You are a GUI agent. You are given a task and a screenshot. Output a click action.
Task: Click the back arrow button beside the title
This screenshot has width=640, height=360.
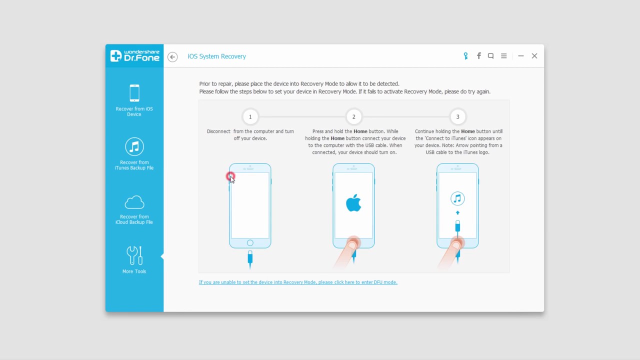pyautogui.click(x=172, y=56)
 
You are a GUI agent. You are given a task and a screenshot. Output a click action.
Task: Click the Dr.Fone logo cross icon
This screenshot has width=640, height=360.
pyautogui.click(x=115, y=55)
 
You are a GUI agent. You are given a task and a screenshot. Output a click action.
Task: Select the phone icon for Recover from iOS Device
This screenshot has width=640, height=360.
pyautogui.click(x=134, y=93)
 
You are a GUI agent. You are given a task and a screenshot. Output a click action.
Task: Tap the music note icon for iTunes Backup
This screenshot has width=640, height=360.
pyautogui.click(x=134, y=146)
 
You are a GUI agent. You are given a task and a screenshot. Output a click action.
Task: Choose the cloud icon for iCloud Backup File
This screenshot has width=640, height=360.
pyautogui.click(x=134, y=202)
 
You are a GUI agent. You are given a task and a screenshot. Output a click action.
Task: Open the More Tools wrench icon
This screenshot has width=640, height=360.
pyautogui.click(x=134, y=255)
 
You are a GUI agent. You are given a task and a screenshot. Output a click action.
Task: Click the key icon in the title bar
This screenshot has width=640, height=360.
pyautogui.click(x=465, y=56)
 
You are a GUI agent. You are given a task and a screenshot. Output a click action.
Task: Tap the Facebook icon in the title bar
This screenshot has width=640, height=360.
pyautogui.click(x=479, y=55)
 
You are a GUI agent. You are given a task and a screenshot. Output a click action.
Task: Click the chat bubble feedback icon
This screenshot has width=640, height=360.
pyautogui.click(x=490, y=56)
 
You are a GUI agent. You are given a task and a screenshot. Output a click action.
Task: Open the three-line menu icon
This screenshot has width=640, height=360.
pyautogui.click(x=503, y=56)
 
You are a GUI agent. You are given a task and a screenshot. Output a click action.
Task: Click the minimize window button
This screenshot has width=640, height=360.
pyautogui.click(x=521, y=56)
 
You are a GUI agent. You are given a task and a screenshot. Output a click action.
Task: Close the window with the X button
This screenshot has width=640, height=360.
pyautogui.click(x=534, y=56)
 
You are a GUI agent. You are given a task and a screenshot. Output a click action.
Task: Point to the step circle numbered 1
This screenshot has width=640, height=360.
pyautogui.click(x=250, y=117)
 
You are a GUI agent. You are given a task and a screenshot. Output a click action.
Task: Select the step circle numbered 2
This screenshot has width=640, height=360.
pyautogui.click(x=353, y=117)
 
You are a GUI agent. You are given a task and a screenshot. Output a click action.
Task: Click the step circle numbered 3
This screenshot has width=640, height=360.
pyautogui.click(x=457, y=117)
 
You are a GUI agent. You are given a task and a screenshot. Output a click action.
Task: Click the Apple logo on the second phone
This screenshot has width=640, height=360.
pyautogui.click(x=353, y=203)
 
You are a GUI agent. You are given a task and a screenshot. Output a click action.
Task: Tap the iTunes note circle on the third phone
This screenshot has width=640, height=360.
pyautogui.click(x=457, y=198)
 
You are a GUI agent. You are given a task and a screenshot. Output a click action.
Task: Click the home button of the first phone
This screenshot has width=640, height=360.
pyautogui.click(x=250, y=243)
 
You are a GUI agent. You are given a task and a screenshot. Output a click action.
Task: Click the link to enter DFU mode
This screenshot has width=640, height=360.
pyautogui.click(x=298, y=282)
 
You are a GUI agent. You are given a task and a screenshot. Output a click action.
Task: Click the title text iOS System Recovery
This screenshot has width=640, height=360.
pyautogui.click(x=216, y=56)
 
